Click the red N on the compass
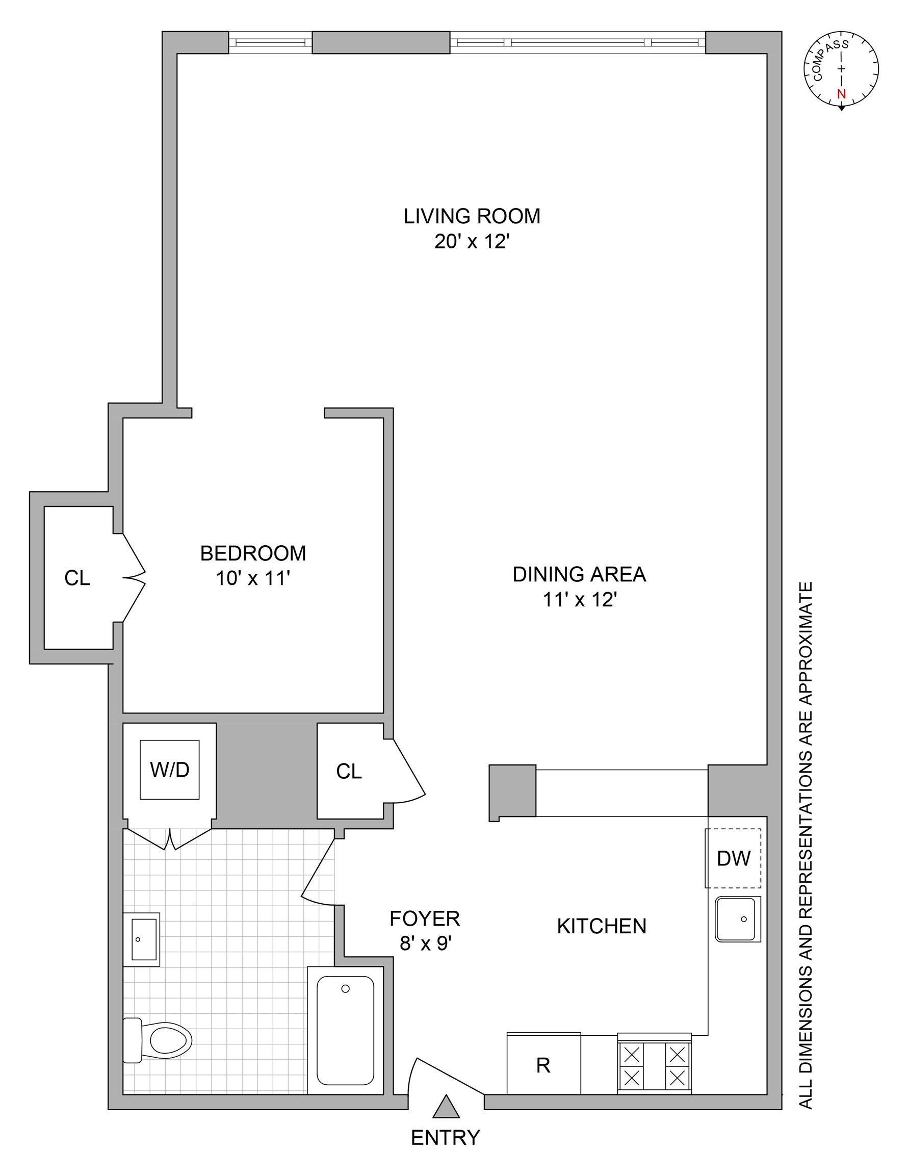pos(842,94)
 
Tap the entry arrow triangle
pos(446,1107)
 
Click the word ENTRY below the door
pos(446,1138)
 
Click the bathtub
pos(345,1030)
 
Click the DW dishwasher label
pos(733,859)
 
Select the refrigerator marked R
pos(543,1065)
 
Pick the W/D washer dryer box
pos(169,770)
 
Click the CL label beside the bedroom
pos(77,578)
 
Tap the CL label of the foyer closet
pos(349,772)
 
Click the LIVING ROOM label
pos(472,216)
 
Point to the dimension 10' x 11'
pos(253,579)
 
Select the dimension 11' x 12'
pos(579,600)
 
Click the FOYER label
pos(424,918)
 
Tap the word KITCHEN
pos(602,927)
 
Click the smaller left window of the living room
pos(271,42)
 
